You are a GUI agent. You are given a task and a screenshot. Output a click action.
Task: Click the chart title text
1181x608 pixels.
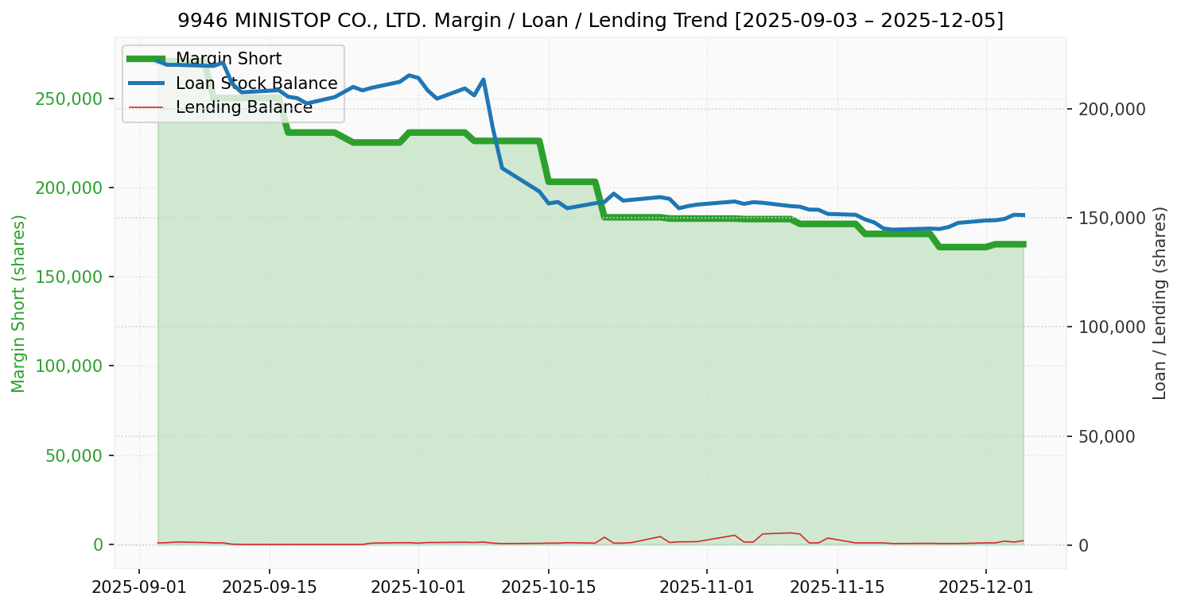pos(590,21)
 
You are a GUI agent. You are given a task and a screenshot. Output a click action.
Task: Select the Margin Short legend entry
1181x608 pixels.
pos(228,59)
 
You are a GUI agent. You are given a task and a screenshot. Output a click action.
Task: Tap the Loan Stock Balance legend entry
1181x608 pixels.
pos(256,83)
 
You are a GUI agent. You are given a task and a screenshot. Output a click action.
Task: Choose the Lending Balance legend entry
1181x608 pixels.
pos(243,107)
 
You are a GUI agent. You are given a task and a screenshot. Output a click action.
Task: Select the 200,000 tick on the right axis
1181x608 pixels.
pos(1112,109)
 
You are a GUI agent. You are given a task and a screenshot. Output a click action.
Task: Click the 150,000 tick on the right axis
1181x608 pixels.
pos(1112,218)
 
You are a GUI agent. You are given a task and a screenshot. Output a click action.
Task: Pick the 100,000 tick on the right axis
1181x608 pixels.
pos(1112,327)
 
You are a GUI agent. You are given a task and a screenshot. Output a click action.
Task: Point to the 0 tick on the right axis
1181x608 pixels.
pos(1083,545)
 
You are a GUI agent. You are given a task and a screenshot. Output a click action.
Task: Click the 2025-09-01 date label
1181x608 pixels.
pos(139,588)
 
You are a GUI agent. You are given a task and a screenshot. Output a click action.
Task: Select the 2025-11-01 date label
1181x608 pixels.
pos(706,588)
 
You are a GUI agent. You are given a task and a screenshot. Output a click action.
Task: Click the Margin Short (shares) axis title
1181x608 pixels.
pos(19,304)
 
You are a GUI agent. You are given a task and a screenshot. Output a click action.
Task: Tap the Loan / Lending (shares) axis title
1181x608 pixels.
pos(1160,304)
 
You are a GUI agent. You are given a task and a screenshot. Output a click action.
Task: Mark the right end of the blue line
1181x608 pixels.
pos(1024,215)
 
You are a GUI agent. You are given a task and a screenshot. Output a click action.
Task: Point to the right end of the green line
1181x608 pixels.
pos(1024,244)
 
